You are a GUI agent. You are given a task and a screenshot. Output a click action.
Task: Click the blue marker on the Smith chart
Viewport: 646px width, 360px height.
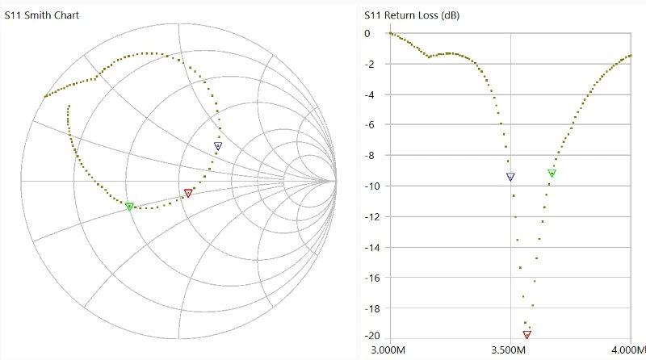click(218, 146)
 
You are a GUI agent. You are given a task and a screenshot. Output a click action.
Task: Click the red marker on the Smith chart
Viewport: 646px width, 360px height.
click(188, 193)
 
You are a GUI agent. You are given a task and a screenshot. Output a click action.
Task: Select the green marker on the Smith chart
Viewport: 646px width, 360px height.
click(129, 207)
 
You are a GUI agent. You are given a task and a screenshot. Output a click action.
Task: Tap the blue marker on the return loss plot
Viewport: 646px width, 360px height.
click(510, 177)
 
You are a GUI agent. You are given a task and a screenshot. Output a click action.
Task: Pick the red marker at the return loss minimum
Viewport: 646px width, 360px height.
click(527, 334)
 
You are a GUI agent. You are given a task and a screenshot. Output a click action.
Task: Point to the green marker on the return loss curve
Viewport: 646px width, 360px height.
click(552, 173)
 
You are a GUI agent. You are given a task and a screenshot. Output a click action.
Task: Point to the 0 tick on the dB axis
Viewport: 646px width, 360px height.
click(367, 34)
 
